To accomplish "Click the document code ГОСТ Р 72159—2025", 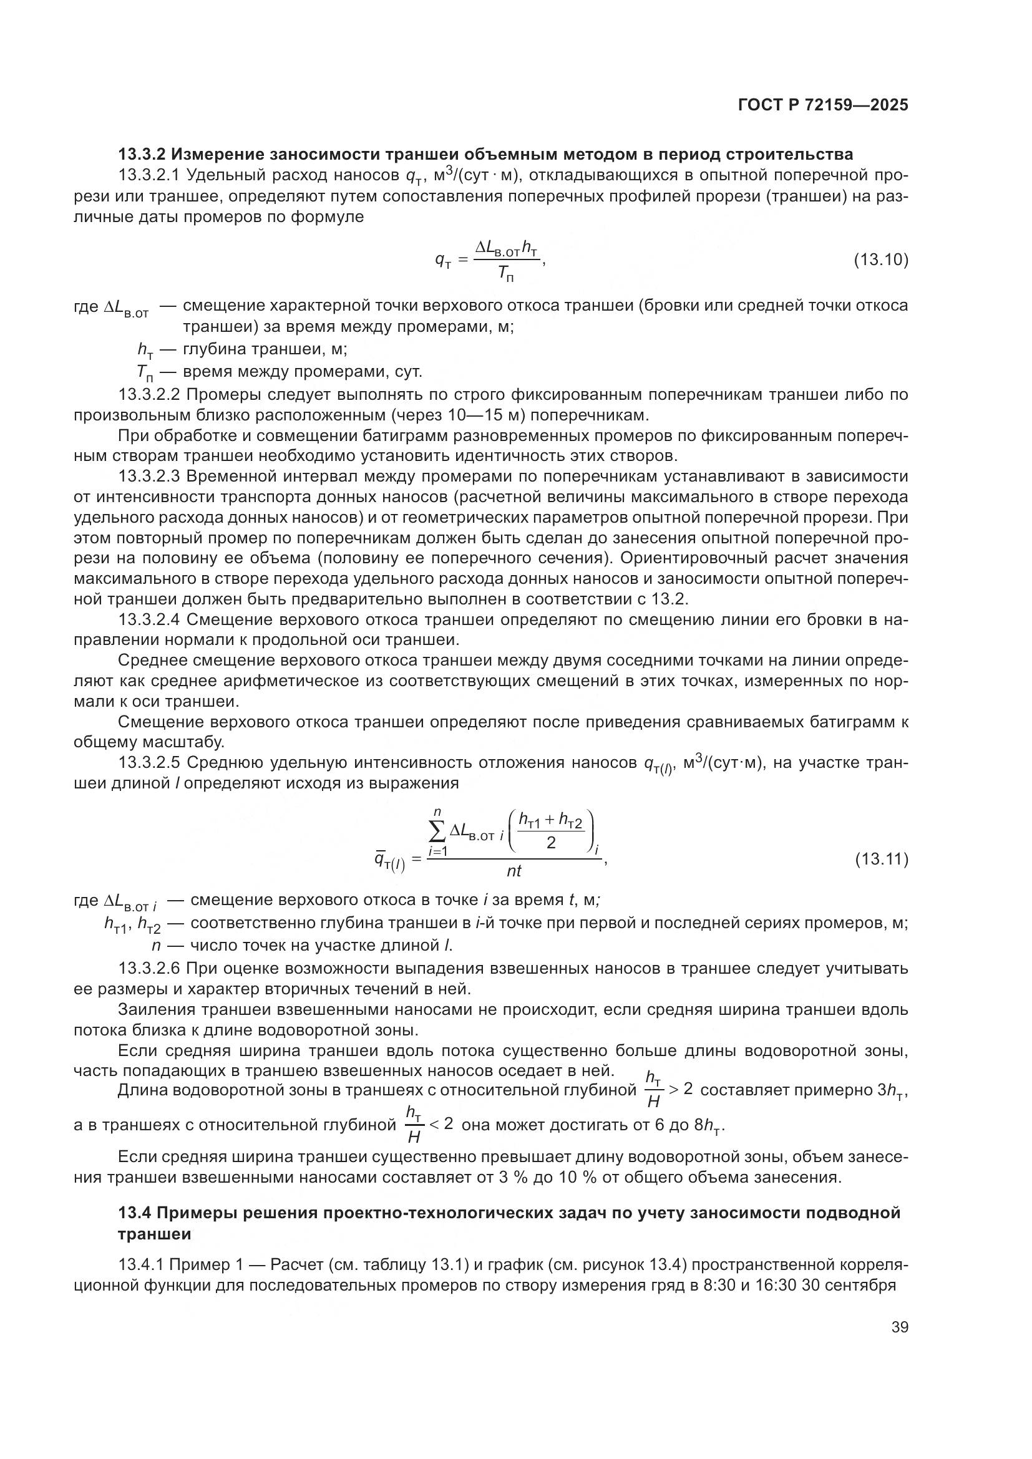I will (823, 105).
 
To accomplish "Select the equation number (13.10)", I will (880, 260).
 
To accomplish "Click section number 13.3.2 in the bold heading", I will (142, 155).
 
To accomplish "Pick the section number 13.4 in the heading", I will (134, 1213).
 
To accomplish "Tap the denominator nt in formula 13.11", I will (514, 871).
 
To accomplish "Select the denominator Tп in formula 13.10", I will (505, 274).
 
